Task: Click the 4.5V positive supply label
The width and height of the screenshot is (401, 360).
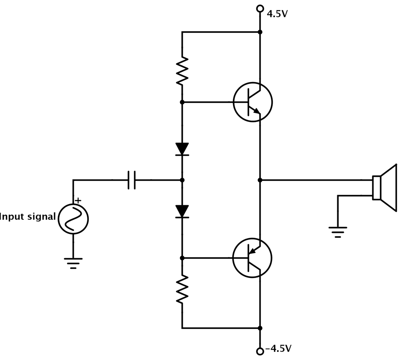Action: (277, 14)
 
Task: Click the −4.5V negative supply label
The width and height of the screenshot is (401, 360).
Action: (278, 348)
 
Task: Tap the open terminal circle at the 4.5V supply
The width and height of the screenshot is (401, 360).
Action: (260, 8)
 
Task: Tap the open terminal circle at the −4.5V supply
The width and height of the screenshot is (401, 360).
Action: (260, 351)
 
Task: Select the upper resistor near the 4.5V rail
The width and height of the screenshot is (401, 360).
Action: (182, 71)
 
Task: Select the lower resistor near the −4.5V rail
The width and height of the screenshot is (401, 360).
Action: (182, 289)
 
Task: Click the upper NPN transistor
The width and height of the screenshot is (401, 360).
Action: (253, 102)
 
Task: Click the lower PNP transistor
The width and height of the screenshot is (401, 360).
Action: (252, 258)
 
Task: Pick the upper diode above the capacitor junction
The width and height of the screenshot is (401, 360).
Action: (182, 149)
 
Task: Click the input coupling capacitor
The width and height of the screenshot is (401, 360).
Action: (132, 180)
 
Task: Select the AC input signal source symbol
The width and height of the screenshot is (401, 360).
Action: (73, 219)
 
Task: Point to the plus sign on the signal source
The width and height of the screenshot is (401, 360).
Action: (78, 200)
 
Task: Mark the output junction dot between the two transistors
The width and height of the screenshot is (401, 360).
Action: (260, 180)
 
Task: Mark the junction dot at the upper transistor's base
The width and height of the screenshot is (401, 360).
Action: (182, 102)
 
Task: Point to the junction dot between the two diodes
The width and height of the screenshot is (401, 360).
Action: (182, 180)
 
